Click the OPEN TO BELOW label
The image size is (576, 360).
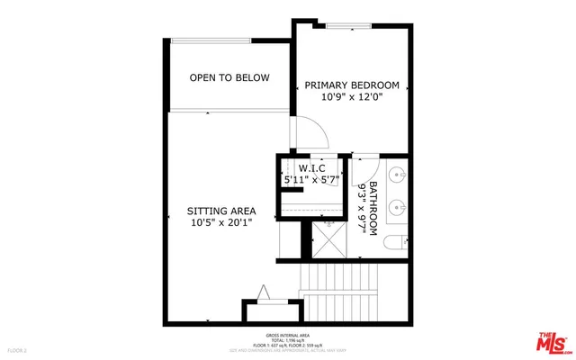[x=229, y=78]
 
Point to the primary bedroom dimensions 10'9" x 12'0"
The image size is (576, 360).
[x=354, y=97]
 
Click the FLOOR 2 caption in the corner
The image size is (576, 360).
[x=17, y=348]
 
